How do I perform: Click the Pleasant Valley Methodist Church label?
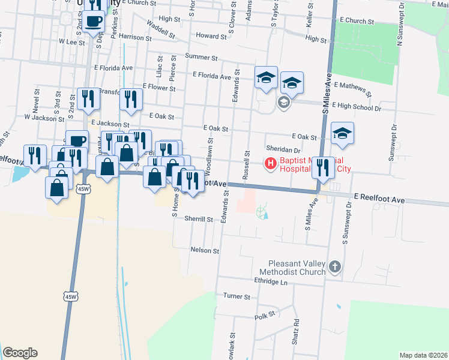point(297,268)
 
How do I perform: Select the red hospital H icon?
point(271,163)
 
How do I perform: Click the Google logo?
point(20,353)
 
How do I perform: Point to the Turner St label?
point(236,296)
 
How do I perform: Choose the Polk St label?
point(264,314)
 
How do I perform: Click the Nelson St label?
point(205,250)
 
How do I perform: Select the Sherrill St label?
point(199,220)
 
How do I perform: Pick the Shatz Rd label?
point(296,332)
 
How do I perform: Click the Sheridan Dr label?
point(282,149)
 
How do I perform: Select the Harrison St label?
point(135,37)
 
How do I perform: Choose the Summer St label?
point(201,58)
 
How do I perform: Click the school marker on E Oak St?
point(342,133)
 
